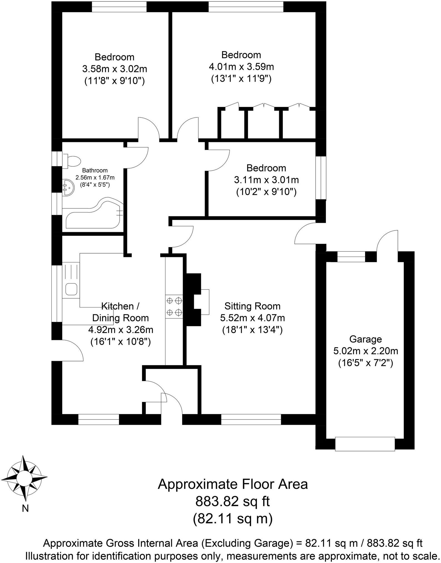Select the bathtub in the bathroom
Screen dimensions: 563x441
(93, 215)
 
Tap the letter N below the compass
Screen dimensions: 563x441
(25, 508)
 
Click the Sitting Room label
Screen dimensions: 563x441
(252, 306)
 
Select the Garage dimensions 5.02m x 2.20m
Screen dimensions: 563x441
(366, 351)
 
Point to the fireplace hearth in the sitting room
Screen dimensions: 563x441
(205, 302)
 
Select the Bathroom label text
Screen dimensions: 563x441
(95, 171)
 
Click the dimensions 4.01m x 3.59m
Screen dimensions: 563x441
(241, 67)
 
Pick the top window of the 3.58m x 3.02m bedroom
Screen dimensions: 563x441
(119, 7)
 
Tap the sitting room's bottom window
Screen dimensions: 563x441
(251, 420)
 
